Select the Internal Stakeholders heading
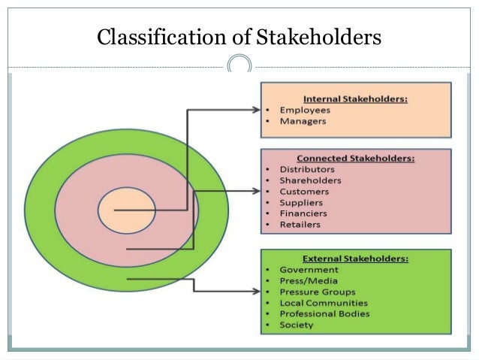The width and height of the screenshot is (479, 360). pos(355,98)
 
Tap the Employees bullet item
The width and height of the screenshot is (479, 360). pos(305,110)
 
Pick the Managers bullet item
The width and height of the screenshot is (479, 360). pos(303,121)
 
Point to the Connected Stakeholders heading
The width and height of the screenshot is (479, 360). pos(355,159)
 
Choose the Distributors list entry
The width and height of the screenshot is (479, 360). pos(306,169)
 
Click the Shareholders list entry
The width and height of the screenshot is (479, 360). pos(310,180)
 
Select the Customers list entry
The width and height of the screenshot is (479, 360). pos(303,191)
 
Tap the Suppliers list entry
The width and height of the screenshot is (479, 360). pos(301,202)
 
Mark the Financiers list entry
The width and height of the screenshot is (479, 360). pos(303,213)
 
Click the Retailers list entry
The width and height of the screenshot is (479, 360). pos(300,224)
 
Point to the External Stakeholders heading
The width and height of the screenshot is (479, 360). pos(355,259)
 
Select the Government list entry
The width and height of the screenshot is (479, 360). pos(309,269)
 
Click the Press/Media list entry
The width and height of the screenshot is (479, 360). pos(308,280)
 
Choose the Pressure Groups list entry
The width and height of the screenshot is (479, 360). pos(317,292)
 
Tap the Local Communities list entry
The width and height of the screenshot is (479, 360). pos(324,303)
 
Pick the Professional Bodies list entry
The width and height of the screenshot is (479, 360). pos(324,313)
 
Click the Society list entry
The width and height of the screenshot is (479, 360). pos(296,325)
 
